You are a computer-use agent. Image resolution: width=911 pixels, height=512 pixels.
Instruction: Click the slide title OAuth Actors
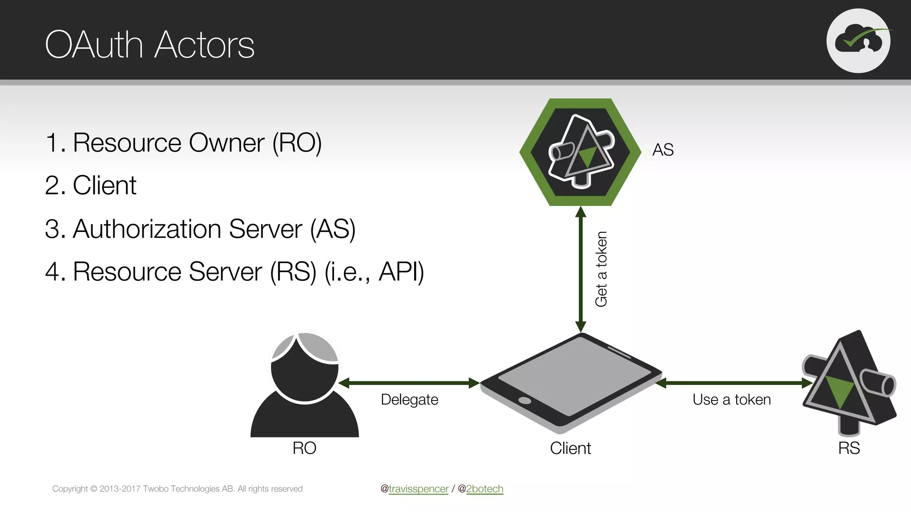click(x=149, y=45)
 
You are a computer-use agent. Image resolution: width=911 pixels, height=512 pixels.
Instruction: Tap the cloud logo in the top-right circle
click(x=859, y=40)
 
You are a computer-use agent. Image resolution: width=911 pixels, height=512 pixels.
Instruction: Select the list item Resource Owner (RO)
click(x=183, y=143)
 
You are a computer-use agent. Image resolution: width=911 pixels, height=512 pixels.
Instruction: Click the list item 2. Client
click(x=91, y=186)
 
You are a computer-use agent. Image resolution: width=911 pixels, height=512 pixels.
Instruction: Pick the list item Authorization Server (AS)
click(x=200, y=229)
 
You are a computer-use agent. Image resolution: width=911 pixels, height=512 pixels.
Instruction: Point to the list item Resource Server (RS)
click(x=234, y=272)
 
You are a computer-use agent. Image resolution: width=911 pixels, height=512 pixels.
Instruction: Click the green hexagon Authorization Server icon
click(x=580, y=152)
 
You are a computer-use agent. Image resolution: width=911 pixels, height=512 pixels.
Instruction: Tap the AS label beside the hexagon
click(x=663, y=150)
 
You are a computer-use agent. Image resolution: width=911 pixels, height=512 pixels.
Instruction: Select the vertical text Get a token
click(x=601, y=269)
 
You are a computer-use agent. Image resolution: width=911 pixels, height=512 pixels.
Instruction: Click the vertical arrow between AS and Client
click(x=580, y=269)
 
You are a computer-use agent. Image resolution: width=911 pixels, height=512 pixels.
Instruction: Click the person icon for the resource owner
click(x=305, y=384)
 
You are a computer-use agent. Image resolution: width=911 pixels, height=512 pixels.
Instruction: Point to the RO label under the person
click(x=304, y=448)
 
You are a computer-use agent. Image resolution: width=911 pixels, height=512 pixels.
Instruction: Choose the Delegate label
click(x=409, y=400)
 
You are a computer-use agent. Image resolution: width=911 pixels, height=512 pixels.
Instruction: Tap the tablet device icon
click(x=571, y=383)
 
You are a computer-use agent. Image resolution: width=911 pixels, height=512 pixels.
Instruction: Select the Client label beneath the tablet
click(x=570, y=448)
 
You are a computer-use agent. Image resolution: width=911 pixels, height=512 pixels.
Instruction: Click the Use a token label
click(x=731, y=400)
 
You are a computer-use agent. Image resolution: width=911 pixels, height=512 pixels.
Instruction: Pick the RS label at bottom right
click(x=849, y=448)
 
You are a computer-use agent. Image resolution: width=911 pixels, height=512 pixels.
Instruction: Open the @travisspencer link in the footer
click(x=418, y=489)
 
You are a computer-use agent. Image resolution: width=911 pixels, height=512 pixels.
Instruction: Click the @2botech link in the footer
click(x=484, y=489)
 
